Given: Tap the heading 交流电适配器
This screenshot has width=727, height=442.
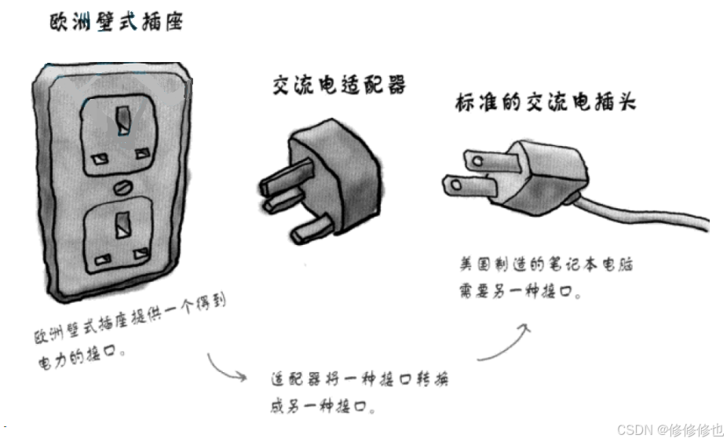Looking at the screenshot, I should coord(339,85).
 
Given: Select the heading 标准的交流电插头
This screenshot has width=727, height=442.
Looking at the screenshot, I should coord(545,103).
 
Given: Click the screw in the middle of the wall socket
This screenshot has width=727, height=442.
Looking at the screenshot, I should coord(122,187).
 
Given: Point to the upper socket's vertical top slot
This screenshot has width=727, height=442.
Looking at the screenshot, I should coord(122,120).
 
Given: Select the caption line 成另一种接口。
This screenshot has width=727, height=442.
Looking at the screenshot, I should coord(321,407).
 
